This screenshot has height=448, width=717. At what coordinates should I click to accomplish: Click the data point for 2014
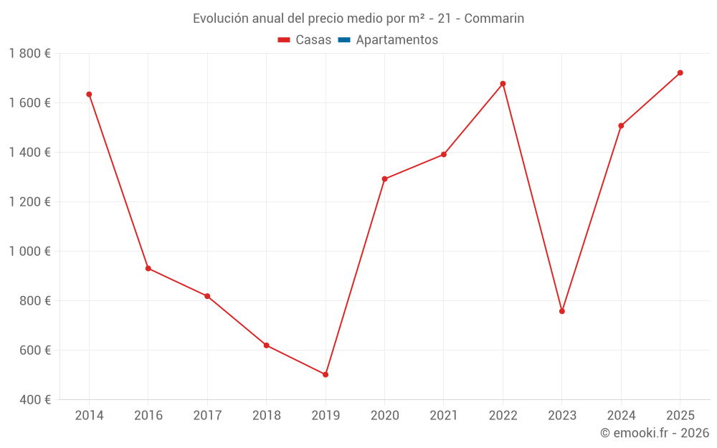point(89,94)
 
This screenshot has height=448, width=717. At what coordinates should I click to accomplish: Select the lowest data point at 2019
point(326,374)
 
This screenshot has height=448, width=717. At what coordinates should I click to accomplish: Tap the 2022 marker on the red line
point(503,84)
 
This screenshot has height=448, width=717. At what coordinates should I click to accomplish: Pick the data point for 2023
point(562,311)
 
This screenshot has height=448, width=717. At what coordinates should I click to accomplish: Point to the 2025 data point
point(680,72)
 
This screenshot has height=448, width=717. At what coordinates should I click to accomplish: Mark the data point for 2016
point(148,268)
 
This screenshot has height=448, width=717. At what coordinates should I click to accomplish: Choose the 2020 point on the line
point(384,178)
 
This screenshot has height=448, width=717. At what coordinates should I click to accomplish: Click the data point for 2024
point(621,125)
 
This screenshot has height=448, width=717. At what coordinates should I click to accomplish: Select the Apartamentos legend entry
point(397,40)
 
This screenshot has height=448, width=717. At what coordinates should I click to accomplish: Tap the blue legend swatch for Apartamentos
point(343,40)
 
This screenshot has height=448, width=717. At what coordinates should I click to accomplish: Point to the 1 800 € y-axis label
point(30,53)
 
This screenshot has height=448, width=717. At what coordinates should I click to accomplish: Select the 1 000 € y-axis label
point(30,251)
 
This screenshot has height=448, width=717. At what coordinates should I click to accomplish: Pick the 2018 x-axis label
point(266,416)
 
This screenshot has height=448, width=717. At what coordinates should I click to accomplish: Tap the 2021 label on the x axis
point(443,416)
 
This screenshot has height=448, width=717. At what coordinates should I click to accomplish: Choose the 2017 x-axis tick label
point(207,416)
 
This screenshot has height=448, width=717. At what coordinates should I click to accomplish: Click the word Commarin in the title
point(494,19)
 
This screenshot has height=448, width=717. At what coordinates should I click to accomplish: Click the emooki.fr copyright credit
point(654,433)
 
